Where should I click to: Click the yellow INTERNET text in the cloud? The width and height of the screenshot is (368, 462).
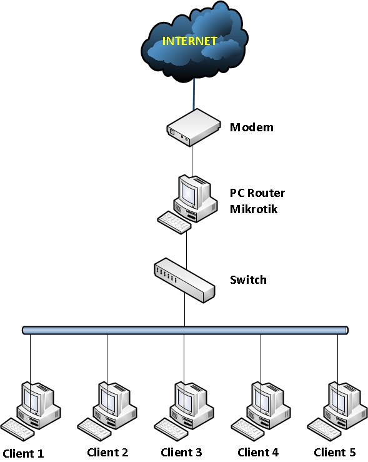pos(190,42)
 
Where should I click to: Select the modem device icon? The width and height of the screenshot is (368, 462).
pos(193,126)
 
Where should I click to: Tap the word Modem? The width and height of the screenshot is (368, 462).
pos(252,128)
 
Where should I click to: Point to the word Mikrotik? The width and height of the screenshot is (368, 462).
pos(254,209)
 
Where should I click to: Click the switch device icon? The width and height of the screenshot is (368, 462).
pos(184,279)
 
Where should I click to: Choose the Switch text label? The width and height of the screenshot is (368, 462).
pos(248,279)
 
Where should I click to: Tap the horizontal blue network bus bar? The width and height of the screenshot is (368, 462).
pos(184,329)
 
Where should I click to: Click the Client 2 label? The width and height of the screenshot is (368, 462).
pos(107,452)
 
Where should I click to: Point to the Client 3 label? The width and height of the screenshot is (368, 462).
pos(181,452)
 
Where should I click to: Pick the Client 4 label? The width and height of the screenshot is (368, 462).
pos(258,452)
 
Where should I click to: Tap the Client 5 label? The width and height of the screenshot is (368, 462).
pos(334,452)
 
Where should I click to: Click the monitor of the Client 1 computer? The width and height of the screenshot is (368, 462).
pos(32,395)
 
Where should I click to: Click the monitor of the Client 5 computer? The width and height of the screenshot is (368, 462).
pos(341,395)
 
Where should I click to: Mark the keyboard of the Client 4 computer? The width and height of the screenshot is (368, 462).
pos(248,428)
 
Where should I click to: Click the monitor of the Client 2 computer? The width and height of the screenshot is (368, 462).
pos(110,395)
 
